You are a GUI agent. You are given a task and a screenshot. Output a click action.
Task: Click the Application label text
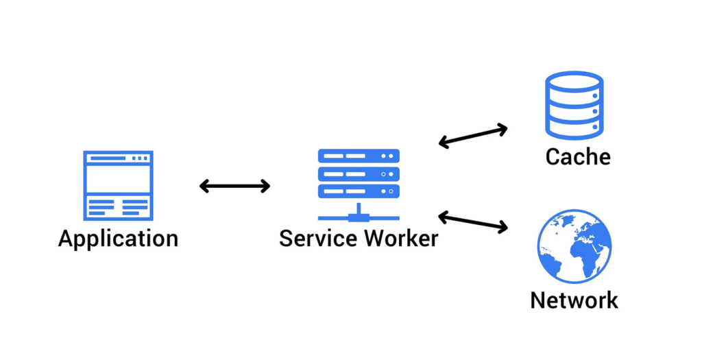tap(118, 239)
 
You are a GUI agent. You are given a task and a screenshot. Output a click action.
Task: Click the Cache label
tap(577, 157)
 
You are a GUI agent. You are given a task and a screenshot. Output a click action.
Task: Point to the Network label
tap(574, 300)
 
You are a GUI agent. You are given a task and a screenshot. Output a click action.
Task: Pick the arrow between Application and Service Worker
tap(234, 186)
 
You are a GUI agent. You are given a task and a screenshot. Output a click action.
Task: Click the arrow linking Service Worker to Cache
tap(472, 136)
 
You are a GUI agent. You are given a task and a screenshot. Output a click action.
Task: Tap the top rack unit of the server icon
tap(358, 157)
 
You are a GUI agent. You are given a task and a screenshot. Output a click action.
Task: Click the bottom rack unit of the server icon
tap(358, 191)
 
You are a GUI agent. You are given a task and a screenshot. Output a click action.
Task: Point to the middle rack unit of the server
tap(358, 174)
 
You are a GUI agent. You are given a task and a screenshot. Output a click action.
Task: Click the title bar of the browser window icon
tap(118, 158)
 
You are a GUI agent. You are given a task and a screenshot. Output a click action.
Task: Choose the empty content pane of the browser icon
tap(118, 180)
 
